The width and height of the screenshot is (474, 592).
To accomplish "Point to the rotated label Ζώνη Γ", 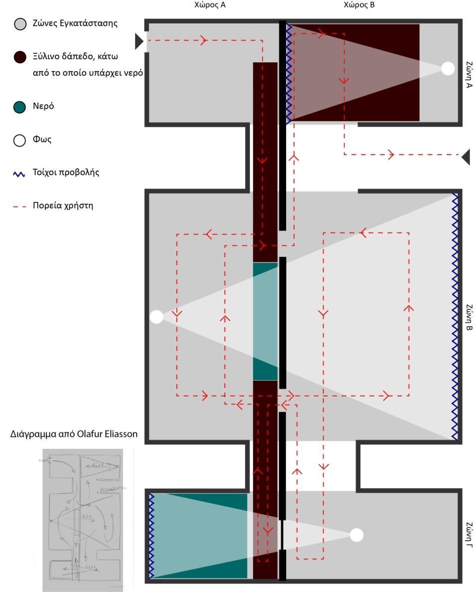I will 468,534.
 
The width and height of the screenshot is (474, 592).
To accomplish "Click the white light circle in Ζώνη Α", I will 448,68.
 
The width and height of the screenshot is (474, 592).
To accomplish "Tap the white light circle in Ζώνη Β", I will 157,317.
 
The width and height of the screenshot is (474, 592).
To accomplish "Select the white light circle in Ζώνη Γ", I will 356,535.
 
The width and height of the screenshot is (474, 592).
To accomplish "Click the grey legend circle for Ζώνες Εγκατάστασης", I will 19,24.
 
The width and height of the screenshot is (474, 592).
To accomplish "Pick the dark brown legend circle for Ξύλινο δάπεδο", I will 19,57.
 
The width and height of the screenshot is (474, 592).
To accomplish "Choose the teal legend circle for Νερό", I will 19,107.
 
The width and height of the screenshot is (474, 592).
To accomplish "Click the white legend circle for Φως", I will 19,140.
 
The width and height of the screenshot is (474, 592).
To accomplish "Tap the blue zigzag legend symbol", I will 19,174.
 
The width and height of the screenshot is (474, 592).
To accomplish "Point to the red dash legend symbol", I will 19,205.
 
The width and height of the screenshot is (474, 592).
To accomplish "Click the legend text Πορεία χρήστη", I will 63,205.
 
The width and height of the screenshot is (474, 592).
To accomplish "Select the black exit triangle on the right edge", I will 466,157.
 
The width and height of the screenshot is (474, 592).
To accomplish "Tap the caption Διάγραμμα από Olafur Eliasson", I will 74,434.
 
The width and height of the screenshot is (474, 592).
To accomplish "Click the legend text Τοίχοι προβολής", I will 66,173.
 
